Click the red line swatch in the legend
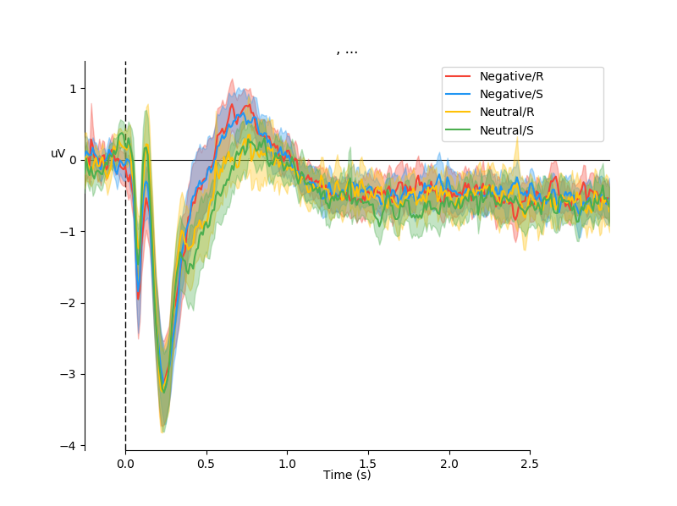[459, 76]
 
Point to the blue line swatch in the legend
[459, 94]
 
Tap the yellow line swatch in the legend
[459, 112]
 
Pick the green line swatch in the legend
[459, 130]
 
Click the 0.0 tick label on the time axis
[125, 464]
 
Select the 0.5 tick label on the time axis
[206, 464]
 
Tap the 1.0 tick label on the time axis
[287, 464]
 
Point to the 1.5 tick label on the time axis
[368, 464]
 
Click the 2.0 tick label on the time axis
[449, 464]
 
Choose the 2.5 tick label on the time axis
[530, 464]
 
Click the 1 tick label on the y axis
[73, 89]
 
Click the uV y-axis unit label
[58, 154]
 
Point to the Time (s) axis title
[347, 476]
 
